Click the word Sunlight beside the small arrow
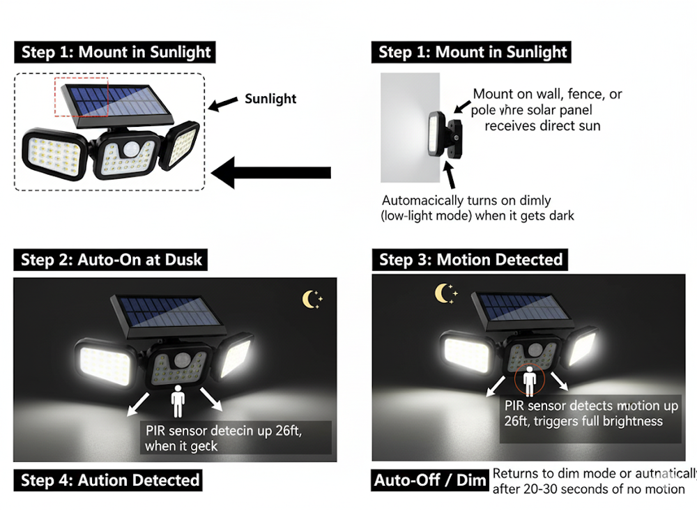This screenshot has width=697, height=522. click(270, 99)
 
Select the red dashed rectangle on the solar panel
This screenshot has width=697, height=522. click(82, 97)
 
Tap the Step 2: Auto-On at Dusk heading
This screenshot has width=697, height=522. click(111, 260)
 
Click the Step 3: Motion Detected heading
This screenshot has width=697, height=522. click(470, 260)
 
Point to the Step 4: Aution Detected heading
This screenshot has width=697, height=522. click(110, 479)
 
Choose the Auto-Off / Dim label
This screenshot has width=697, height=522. click(430, 479)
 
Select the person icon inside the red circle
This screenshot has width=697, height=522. click(530, 382)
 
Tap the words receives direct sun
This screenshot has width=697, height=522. click(542, 126)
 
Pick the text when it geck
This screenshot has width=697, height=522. click(181, 446)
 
